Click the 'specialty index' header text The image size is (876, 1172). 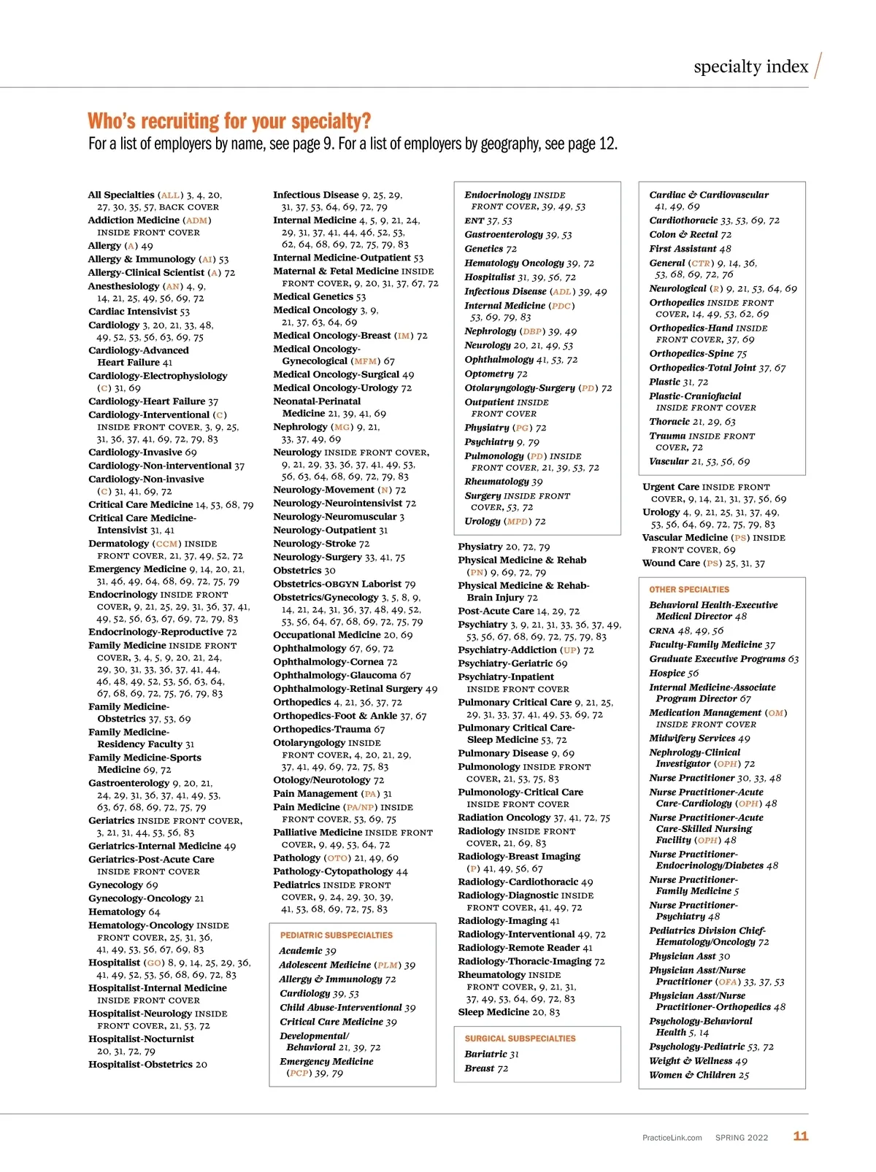[x=750, y=67]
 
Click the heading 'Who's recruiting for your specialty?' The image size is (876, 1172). [x=229, y=121]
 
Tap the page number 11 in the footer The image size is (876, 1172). [x=801, y=1136]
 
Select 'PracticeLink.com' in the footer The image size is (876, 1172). [x=672, y=1138]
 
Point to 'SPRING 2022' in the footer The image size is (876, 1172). [x=741, y=1138]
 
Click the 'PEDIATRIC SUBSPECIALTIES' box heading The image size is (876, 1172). [x=336, y=935]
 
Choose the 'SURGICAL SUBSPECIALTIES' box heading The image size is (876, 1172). [x=520, y=1038]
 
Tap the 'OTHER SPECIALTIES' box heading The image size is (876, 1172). [x=688, y=590]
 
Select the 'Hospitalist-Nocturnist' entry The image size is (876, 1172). [x=141, y=1039]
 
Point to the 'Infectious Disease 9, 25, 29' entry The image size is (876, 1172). [x=337, y=195]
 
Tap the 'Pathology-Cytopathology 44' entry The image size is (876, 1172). [x=340, y=871]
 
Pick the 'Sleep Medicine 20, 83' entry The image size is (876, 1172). [x=509, y=1012]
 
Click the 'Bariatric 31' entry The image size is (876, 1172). [x=491, y=1054]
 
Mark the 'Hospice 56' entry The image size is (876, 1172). [x=673, y=673]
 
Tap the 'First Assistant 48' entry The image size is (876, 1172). [x=690, y=249]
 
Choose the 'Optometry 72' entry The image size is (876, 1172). [x=496, y=374]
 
